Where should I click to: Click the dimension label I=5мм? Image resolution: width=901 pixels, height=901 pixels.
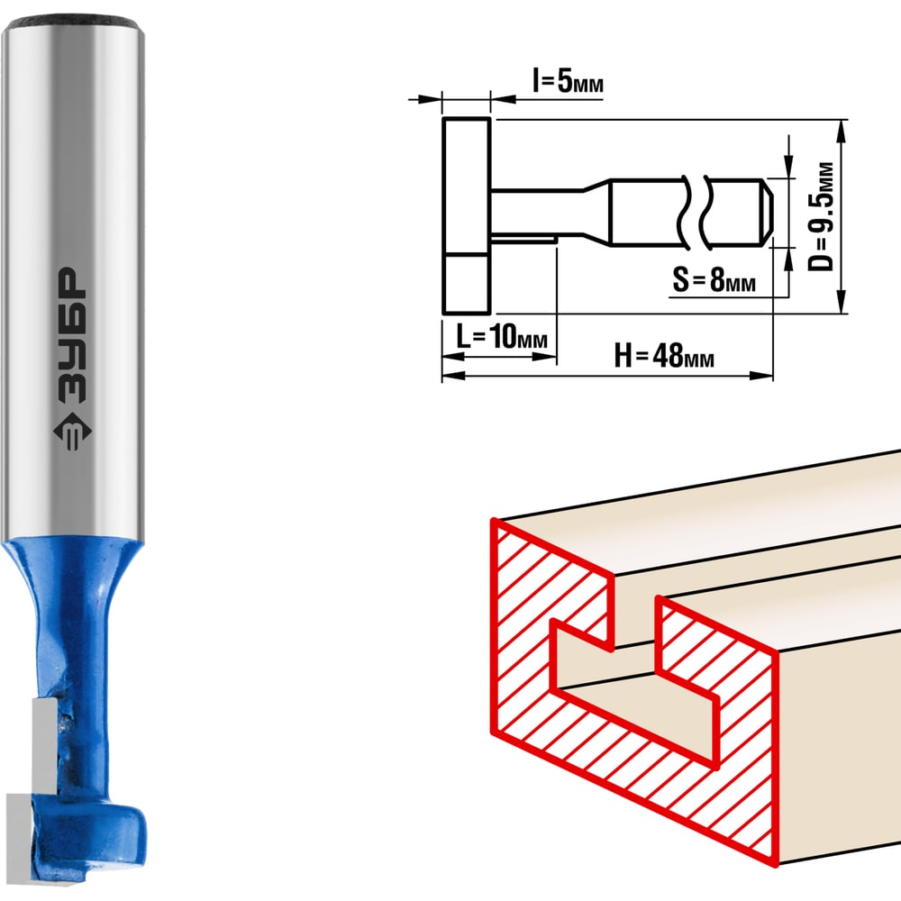click(x=568, y=81)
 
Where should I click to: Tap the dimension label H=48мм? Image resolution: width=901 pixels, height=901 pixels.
click(x=664, y=355)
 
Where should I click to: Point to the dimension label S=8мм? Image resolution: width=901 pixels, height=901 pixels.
click(x=714, y=280)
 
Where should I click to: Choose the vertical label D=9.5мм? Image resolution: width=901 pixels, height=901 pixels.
click(x=821, y=216)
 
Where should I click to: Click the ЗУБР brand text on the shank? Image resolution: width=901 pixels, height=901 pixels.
click(x=73, y=334)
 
